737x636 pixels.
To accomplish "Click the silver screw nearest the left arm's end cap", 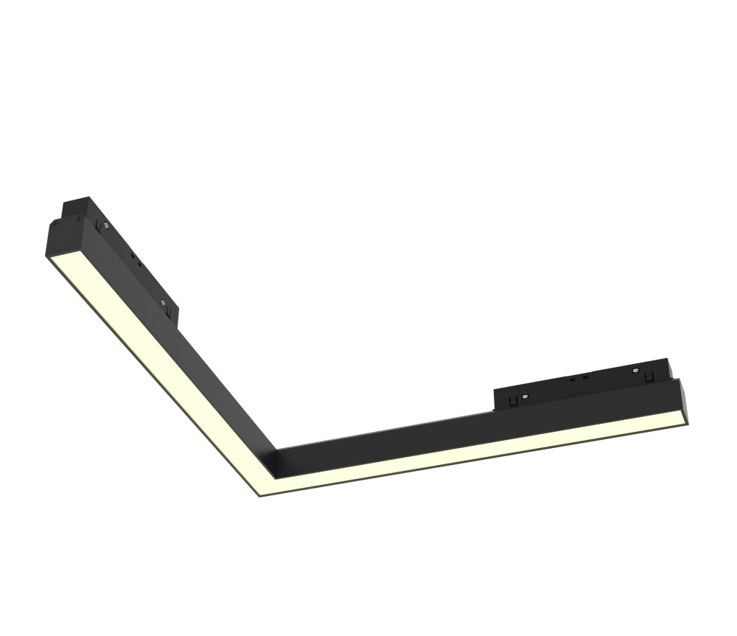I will (x=105, y=225).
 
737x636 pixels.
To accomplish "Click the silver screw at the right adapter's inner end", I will (x=525, y=396).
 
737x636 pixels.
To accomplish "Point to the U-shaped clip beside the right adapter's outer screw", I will (x=649, y=378).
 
